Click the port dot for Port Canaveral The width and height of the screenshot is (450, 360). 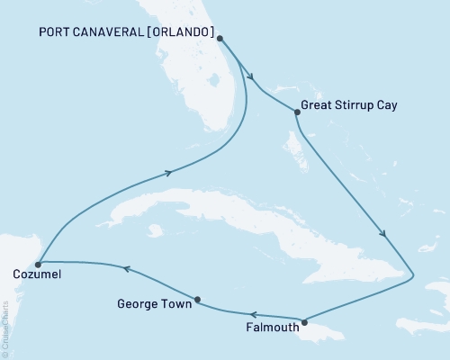click(220, 39)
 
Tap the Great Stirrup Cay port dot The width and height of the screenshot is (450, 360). click(296, 112)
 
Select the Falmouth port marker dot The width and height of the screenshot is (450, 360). click(304, 322)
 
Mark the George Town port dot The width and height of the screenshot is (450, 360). click(197, 300)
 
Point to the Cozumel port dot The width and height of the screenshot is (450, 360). click(38, 265)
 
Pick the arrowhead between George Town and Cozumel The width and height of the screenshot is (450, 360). click(125, 268)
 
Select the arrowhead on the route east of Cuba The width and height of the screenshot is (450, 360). click(384, 234)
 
